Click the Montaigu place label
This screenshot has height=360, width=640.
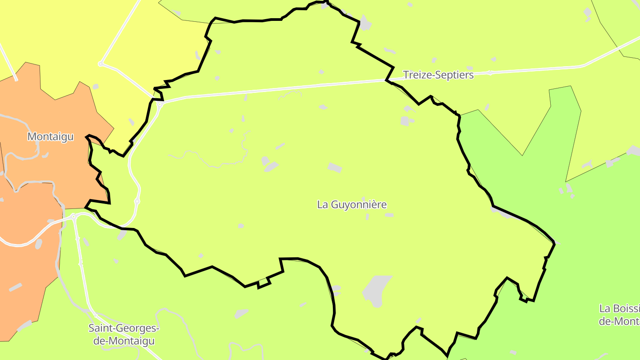click(50, 137)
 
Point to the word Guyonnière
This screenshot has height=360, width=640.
click(358, 204)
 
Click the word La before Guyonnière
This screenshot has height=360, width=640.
click(322, 204)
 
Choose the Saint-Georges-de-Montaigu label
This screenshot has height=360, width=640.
click(124, 335)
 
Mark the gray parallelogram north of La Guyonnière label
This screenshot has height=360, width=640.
click(335, 168)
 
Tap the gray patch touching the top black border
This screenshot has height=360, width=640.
click(365, 23)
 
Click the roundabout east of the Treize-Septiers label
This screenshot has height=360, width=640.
click(490, 72)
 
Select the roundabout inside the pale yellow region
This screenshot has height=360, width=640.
click(100, 64)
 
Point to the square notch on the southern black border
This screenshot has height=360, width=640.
click(264, 282)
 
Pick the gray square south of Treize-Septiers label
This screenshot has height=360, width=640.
click(404, 121)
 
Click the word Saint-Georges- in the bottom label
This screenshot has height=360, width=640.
click(124, 328)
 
